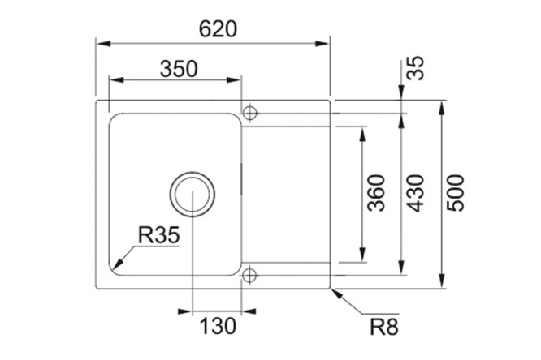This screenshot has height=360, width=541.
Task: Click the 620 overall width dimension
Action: [x=218, y=29]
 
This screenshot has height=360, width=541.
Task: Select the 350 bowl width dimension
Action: [x=179, y=69]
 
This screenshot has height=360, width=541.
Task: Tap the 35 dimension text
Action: [x=415, y=68]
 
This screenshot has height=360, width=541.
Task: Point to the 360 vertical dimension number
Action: [x=376, y=193]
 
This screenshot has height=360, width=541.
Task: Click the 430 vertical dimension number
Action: [x=415, y=193]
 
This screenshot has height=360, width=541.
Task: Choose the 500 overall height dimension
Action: [x=456, y=193]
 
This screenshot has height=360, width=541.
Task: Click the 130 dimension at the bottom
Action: [x=218, y=326]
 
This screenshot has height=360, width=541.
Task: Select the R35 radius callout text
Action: [x=158, y=235]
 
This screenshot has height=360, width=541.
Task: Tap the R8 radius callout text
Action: [x=384, y=327]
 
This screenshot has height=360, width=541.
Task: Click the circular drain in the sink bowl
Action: [x=193, y=194]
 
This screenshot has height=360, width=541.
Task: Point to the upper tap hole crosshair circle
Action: [x=250, y=113]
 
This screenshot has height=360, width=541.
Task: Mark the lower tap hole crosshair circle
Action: [x=250, y=276]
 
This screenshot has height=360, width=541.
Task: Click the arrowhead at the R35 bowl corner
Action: [x=117, y=264]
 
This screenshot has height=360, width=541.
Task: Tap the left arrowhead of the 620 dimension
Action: [x=103, y=44]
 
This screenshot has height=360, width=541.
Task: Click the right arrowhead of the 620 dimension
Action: [x=322, y=44]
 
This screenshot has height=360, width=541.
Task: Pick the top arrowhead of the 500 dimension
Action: [x=442, y=108]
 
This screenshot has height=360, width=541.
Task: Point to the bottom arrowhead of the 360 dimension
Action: [x=362, y=255]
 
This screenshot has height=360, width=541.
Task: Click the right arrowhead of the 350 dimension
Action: [x=234, y=80]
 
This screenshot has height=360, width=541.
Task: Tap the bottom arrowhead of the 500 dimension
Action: [x=442, y=281]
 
